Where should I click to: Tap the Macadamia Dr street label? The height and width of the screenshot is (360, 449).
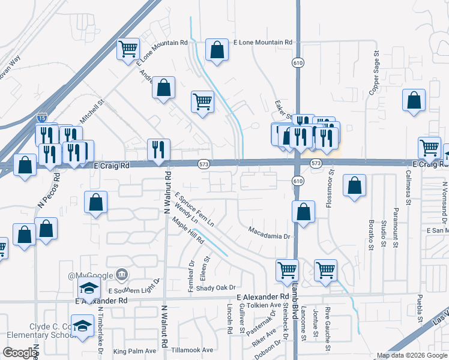pyautogui.click(x=270, y=233)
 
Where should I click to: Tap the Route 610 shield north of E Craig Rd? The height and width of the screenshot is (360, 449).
pyautogui.click(x=298, y=62)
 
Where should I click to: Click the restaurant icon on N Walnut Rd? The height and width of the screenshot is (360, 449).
pyautogui.click(x=159, y=150)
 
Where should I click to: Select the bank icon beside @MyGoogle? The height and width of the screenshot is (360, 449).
pyautogui.click(x=122, y=275)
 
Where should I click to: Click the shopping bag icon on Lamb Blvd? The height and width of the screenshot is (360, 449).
pyautogui.click(x=304, y=212)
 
